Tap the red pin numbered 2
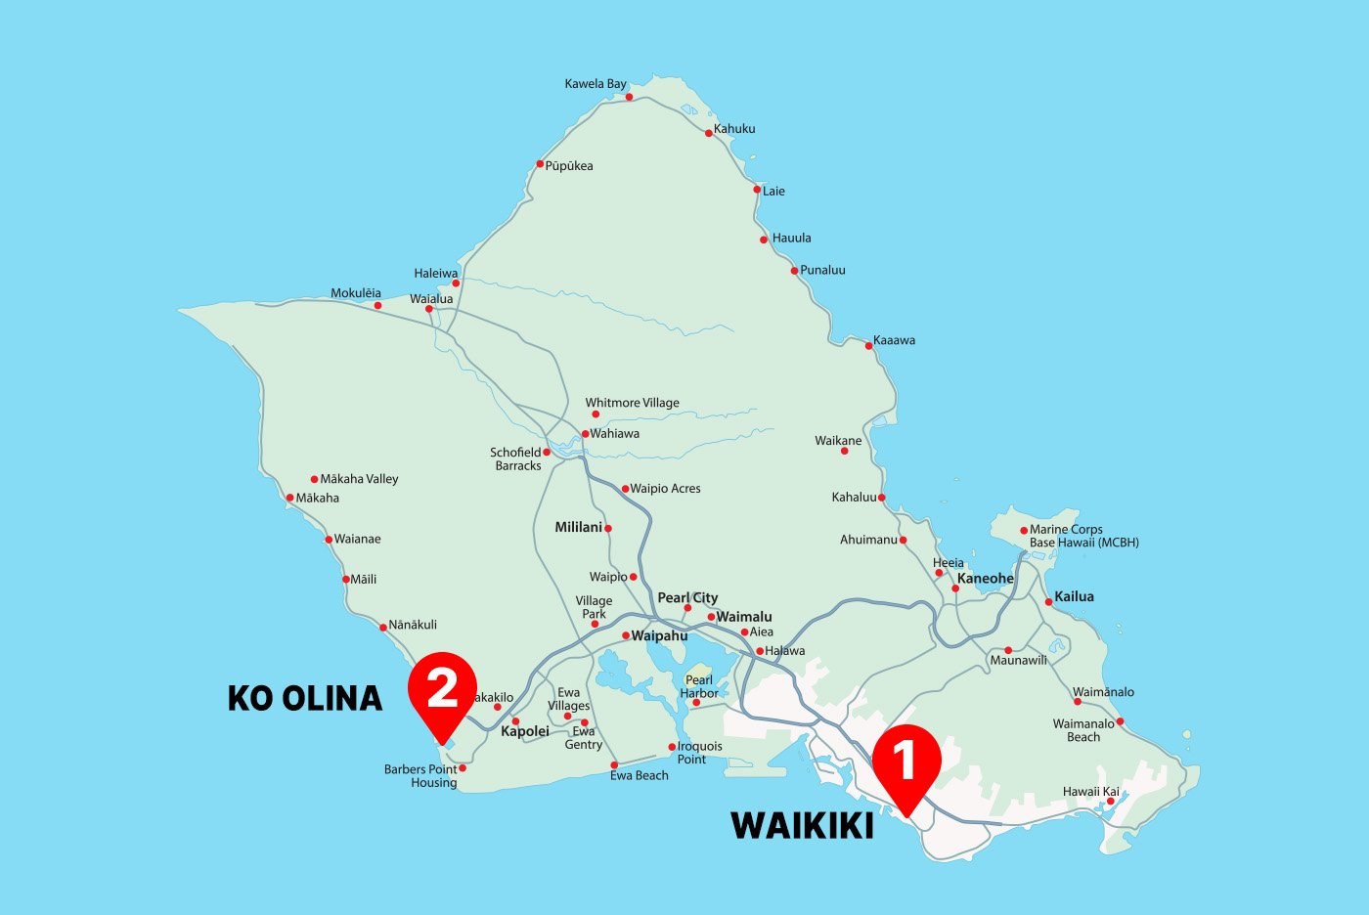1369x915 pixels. (x=442, y=689)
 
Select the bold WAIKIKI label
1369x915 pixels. (x=802, y=826)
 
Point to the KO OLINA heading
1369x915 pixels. (x=305, y=698)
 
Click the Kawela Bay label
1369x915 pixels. (x=595, y=84)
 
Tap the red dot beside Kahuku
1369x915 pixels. (x=709, y=133)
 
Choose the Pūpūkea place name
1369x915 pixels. (x=569, y=166)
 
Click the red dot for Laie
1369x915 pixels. (x=757, y=190)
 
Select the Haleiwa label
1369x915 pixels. (x=435, y=274)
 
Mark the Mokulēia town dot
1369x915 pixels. (x=377, y=306)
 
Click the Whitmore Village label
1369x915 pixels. (x=632, y=403)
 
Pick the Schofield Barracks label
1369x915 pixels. (x=516, y=459)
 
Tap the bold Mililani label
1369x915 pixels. (x=578, y=527)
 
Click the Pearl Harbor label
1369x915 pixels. (x=699, y=686)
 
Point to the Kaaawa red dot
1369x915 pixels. (x=868, y=345)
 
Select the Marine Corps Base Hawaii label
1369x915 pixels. (x=1083, y=536)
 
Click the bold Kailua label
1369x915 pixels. (x=1074, y=596)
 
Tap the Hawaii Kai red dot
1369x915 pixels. (x=1110, y=802)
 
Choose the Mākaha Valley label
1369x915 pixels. (x=359, y=479)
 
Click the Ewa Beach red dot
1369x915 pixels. (x=614, y=765)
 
